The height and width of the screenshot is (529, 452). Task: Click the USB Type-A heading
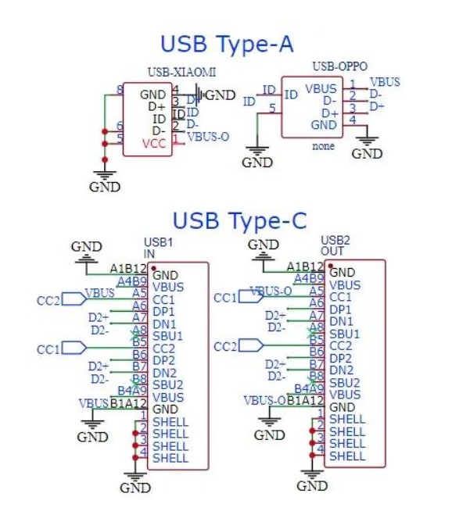[x=227, y=44]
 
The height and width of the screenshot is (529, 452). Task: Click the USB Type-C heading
[x=239, y=221]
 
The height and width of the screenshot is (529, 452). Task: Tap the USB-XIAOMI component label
[x=181, y=73]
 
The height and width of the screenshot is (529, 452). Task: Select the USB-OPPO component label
[x=339, y=67]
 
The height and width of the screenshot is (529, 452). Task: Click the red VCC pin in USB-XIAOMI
[x=154, y=144]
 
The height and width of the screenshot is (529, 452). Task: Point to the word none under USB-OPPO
[x=323, y=145]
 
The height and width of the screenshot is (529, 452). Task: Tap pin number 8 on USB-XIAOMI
[x=120, y=90]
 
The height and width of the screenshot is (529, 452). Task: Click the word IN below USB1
[x=149, y=254]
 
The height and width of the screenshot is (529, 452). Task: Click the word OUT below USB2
[x=332, y=251]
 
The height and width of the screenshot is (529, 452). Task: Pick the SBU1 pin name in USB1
[x=168, y=336]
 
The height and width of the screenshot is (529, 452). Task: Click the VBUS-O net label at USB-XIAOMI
[x=208, y=137]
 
